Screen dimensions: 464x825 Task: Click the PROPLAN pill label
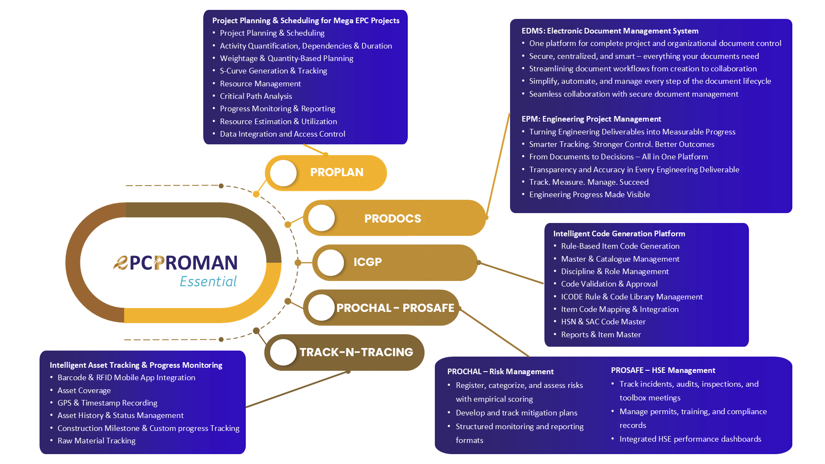tap(336, 172)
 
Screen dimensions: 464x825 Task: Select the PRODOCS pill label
tap(392, 219)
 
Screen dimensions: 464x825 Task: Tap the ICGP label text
tap(367, 262)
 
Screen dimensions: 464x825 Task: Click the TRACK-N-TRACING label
tap(356, 352)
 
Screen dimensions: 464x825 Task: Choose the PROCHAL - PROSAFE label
tap(395, 308)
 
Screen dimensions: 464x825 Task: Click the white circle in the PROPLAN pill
tap(284, 173)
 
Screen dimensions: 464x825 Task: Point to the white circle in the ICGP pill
tap(330, 263)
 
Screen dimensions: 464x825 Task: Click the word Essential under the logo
tap(208, 281)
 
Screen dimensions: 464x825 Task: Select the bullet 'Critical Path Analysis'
tap(256, 96)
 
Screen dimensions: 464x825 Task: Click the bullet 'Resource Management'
tap(260, 84)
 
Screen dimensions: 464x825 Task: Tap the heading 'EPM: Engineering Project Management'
tap(591, 119)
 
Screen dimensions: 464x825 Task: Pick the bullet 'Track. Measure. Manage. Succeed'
tap(589, 182)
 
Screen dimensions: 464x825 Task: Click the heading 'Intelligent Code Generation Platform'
tap(619, 234)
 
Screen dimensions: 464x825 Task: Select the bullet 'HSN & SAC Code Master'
tap(603, 322)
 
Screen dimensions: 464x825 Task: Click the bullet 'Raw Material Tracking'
tap(96, 441)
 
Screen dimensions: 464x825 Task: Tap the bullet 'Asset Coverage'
tap(84, 391)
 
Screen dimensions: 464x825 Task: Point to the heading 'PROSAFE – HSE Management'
tap(663, 370)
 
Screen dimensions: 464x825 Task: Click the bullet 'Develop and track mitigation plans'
tap(516, 413)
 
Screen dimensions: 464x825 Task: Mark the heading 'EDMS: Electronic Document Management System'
tap(610, 31)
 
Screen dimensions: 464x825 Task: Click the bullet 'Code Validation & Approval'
tap(609, 284)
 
